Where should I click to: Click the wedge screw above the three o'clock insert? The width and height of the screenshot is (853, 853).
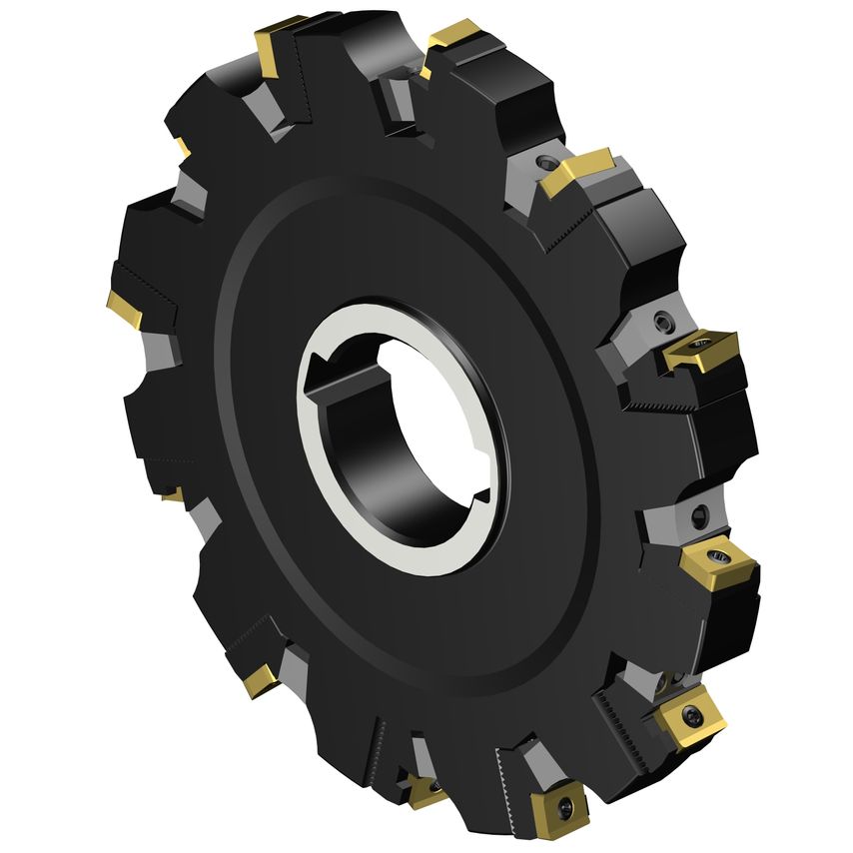(x=661, y=321)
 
